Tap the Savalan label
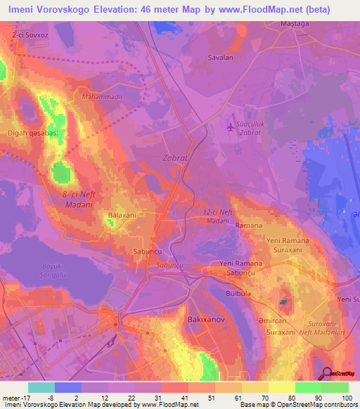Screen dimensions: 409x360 point(219,58)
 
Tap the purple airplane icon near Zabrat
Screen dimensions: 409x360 point(232,126)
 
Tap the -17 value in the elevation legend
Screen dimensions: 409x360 point(19,398)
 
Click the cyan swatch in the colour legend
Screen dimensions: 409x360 point(41,387)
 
